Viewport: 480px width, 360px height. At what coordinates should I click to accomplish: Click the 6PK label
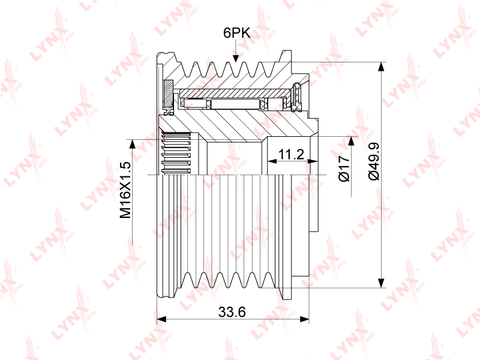(x=236, y=33)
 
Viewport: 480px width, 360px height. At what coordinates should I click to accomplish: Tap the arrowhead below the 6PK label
(x=235, y=58)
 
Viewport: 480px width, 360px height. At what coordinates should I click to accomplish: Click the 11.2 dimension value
(x=291, y=154)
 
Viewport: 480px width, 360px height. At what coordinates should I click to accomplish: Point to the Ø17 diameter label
(x=344, y=168)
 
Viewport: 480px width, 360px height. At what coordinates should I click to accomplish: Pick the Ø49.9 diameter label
(x=374, y=161)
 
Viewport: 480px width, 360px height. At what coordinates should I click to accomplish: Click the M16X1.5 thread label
(x=125, y=190)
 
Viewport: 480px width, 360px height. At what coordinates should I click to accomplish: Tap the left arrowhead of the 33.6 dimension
(x=161, y=319)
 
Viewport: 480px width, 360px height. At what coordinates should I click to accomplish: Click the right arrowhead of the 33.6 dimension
(x=304, y=319)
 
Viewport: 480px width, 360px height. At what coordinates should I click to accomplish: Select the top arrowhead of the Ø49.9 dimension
(x=381, y=67)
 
